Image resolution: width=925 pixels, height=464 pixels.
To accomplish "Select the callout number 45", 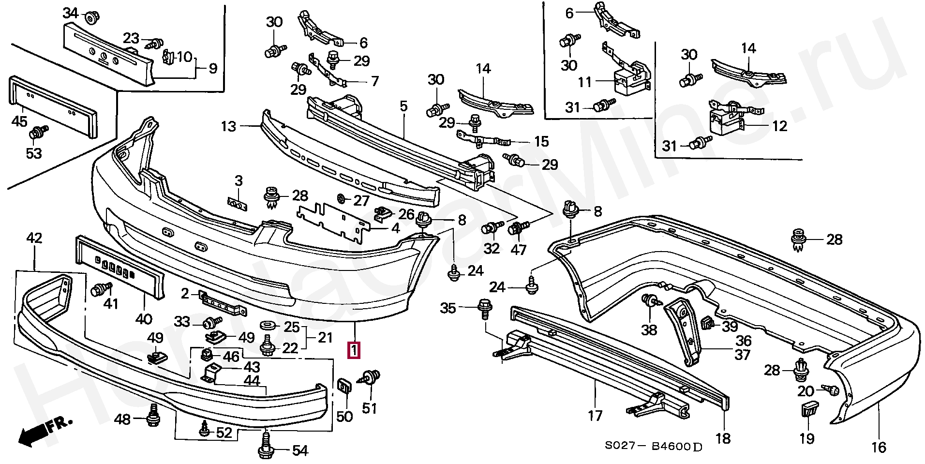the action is click(x=19, y=121).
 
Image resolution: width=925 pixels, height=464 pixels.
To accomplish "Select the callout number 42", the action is click(x=34, y=238).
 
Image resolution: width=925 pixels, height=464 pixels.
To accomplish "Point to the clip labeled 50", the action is click(x=344, y=388).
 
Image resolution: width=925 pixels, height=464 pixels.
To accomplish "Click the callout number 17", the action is click(x=595, y=415).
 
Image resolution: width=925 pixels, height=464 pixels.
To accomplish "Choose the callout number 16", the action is click(x=878, y=448).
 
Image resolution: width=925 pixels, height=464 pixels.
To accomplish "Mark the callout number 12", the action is click(x=779, y=126).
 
